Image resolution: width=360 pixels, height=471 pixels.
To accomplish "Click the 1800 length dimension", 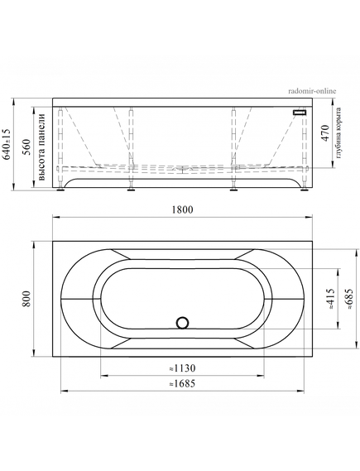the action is click(182, 209).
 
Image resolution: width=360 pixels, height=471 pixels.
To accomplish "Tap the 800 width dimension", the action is click(26, 299).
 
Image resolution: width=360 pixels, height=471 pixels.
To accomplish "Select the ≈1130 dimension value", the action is click(181, 368).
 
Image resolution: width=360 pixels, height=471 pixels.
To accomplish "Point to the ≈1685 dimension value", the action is click(181, 383).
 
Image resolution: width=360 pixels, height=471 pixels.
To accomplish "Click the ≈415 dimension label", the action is click(330, 299).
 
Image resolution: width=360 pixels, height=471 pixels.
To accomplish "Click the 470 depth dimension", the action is click(325, 133).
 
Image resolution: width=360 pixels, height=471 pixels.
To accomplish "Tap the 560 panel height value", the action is click(26, 147).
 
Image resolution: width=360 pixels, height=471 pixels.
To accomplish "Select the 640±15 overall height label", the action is click(7, 143).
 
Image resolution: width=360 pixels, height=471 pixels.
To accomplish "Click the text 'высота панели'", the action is click(41, 147).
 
